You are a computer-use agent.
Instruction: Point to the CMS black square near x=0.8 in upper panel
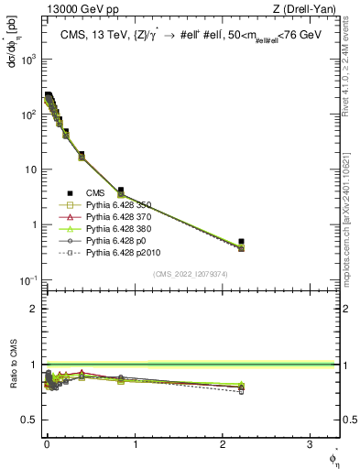tap(121, 191)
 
